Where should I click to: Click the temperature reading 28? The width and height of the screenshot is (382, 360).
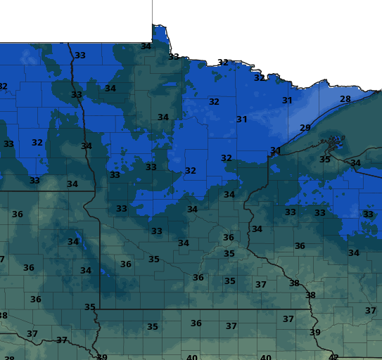coord(345,99)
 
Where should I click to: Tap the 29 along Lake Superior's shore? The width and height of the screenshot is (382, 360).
coord(305,127)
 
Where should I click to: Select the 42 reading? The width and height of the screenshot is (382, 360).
coord(333,357)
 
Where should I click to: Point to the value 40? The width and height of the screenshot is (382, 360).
coord(191,357)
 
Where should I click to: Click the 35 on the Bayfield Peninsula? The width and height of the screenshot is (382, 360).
coord(324,160)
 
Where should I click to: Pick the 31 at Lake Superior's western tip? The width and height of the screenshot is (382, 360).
coord(275,150)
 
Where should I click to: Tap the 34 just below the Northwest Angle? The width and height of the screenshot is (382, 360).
coord(146,46)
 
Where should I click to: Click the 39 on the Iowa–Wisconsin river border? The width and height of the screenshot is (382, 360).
coord(314,332)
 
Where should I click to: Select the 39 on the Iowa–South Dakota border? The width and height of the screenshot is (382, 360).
coord(102,357)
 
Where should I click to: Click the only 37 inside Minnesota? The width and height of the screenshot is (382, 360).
coord(260,284)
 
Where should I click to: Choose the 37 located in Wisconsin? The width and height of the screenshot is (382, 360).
coord(370,310)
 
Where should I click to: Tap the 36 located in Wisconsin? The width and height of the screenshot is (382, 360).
coord(300,245)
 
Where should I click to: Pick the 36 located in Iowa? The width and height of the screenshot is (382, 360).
coord(196,323)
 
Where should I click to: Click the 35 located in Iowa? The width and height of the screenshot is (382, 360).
coord(152,326)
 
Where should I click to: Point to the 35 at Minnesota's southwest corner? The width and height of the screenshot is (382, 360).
coord(89,307)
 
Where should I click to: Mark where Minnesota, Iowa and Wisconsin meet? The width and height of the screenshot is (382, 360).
coord(309,309)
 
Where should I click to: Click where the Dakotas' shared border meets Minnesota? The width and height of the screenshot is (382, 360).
coord(94,191)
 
